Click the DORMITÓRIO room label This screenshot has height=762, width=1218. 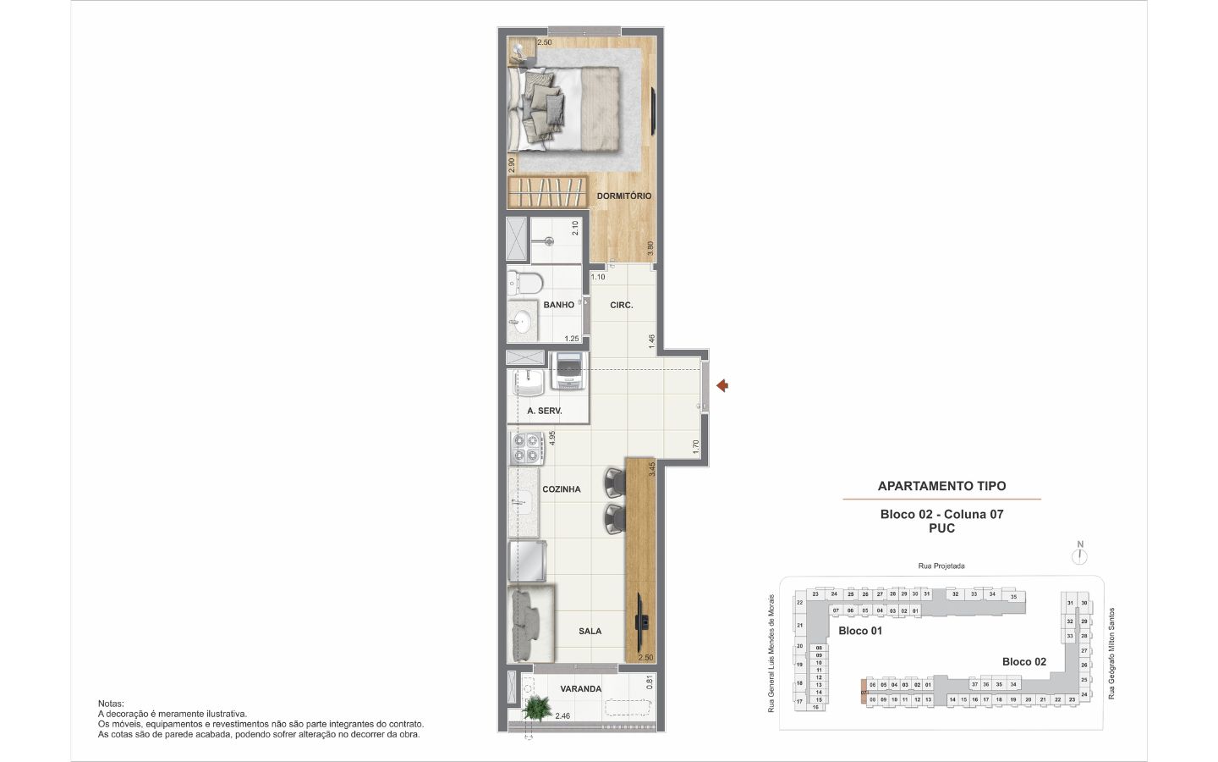[x=623, y=196]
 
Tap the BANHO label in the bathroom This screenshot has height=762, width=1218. [x=558, y=305]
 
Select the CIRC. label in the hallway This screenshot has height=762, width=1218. [x=621, y=305]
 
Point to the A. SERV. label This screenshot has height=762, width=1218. [x=544, y=411]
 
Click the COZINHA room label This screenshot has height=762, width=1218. [x=561, y=489]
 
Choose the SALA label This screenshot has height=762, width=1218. [x=590, y=631]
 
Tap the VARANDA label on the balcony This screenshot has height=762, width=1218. [x=580, y=689]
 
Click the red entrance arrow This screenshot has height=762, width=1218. [x=722, y=386]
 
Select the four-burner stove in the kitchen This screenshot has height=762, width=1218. [x=526, y=448]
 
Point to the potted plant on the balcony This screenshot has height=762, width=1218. [x=534, y=706]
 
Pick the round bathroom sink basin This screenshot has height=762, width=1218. [x=522, y=322]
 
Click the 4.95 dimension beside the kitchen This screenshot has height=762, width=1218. [x=551, y=438]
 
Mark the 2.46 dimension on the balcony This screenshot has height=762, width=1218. [x=562, y=716]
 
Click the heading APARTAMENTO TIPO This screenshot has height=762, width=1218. [x=941, y=486]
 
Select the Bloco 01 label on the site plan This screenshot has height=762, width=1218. [x=860, y=631]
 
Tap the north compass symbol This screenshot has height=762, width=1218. [x=1079, y=555]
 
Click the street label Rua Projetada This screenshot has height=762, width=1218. [x=941, y=566]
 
